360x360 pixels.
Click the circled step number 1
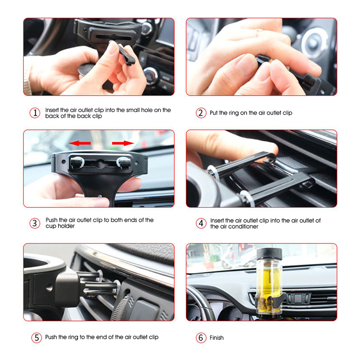(x=35, y=113)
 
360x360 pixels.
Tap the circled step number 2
(x=201, y=113)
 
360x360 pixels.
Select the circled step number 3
(x=35, y=223)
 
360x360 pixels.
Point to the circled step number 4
(x=201, y=223)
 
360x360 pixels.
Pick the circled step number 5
(x=37, y=338)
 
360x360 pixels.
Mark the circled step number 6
(x=201, y=338)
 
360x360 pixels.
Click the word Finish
(x=216, y=338)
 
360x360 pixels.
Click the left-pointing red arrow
(x=80, y=143)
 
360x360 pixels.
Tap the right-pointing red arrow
(x=123, y=143)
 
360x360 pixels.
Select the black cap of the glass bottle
(x=269, y=254)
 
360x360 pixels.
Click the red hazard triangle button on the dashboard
(x=298, y=299)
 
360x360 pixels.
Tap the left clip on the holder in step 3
(x=76, y=162)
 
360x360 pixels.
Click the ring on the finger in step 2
(x=259, y=32)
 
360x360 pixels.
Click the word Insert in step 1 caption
(x=51, y=110)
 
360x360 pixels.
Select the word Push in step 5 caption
(x=51, y=337)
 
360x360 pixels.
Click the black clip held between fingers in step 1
(x=125, y=54)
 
